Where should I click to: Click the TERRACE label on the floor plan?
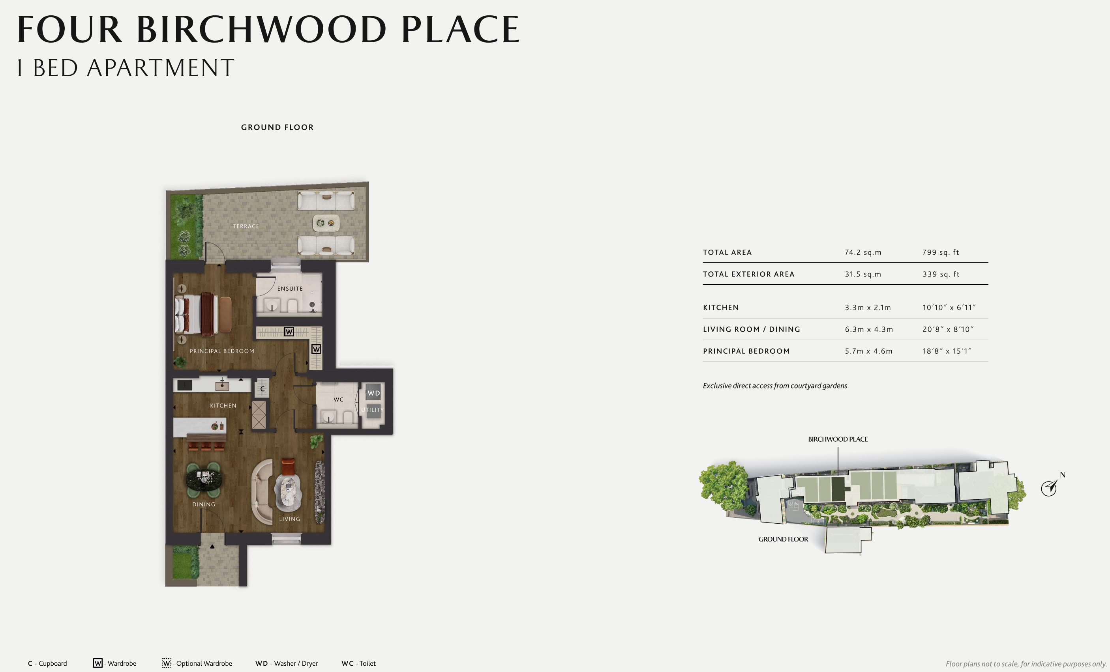[246, 226]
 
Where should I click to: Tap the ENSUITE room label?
[290, 289]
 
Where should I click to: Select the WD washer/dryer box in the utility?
[373, 393]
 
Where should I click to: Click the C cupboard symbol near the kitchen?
[262, 389]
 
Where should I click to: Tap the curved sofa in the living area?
[261, 491]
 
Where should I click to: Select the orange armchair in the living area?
[288, 467]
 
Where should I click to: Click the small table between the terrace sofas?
[326, 223]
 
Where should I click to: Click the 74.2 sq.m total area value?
[862, 252]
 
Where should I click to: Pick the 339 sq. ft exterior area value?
[941, 274]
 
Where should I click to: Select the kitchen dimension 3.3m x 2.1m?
[868, 308]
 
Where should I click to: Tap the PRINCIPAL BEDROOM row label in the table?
[746, 351]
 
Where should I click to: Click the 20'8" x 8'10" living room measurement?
[947, 329]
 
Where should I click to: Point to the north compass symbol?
[1049, 488]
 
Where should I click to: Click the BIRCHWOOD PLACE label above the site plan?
[838, 439]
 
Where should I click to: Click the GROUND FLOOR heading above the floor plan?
[277, 127]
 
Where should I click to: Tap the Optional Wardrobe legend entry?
[197, 663]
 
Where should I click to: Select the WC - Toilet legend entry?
[358, 663]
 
